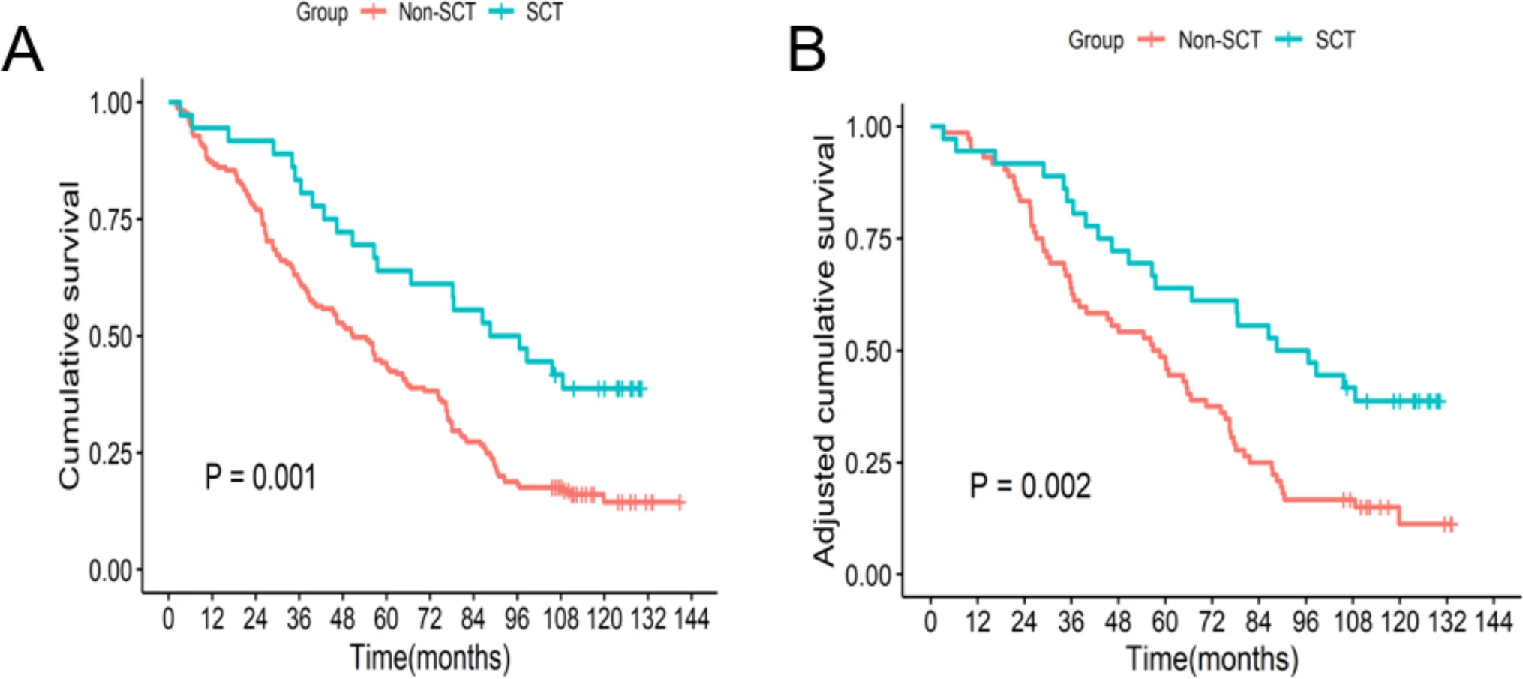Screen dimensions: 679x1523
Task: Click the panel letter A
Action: pyautogui.click(x=23, y=50)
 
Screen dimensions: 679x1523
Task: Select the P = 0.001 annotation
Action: pyautogui.click(x=260, y=477)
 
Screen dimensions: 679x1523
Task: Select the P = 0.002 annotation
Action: pyautogui.click(x=1030, y=486)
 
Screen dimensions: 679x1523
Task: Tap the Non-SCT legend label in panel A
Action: pyautogui.click(x=437, y=13)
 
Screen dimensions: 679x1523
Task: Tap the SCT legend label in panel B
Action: pyautogui.click(x=1335, y=40)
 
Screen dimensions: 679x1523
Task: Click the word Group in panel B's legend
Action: pyautogui.click(x=1095, y=40)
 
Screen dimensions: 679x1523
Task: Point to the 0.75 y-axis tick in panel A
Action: pyautogui.click(x=111, y=220)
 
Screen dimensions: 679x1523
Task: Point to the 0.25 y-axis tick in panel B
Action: pyautogui.click(x=869, y=464)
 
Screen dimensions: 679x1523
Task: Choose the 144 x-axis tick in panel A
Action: pyautogui.click(x=691, y=619)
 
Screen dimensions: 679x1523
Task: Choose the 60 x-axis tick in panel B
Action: pyautogui.click(x=1164, y=622)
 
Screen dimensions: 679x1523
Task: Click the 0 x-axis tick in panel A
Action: pyautogui.click(x=169, y=619)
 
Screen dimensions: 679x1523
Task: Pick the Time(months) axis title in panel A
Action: pyautogui.click(x=430, y=658)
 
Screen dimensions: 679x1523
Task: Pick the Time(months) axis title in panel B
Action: pyautogui.click(x=1212, y=659)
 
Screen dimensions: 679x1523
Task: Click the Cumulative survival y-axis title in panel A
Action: pyautogui.click(x=69, y=335)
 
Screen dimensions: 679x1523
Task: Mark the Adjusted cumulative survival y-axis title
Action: pyautogui.click(x=824, y=350)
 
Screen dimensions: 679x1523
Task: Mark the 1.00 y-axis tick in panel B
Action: pyautogui.click(x=869, y=128)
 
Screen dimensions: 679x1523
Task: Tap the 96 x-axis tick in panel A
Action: pyautogui.click(x=517, y=619)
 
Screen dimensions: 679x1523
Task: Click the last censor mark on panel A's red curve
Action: pyautogui.click(x=679, y=502)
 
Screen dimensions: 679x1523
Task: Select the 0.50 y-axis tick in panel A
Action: pyautogui.click(x=111, y=337)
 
